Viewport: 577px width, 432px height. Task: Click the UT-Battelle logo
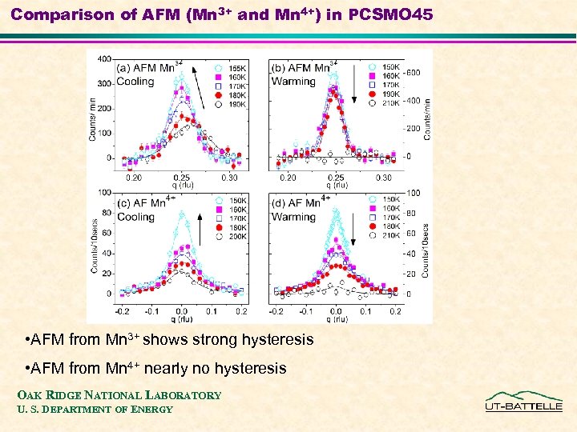click(x=523, y=402)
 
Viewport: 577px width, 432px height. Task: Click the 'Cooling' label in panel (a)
click(x=136, y=81)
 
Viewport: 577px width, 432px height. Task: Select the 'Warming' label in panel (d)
click(x=294, y=217)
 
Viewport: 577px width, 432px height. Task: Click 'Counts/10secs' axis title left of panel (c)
click(x=95, y=244)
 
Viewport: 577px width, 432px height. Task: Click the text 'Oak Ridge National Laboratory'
click(x=119, y=395)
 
